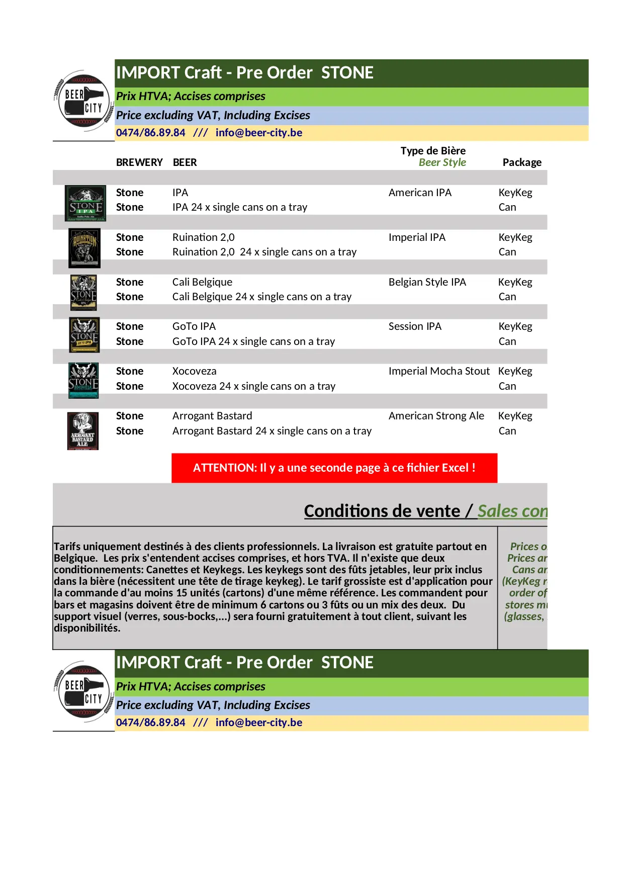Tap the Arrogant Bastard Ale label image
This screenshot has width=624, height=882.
[x=83, y=431]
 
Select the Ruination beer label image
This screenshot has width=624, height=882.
[x=84, y=248]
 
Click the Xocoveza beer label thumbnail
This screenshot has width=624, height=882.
[x=83, y=381]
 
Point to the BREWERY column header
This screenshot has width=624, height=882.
[x=139, y=162]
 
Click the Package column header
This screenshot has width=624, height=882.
[x=522, y=162]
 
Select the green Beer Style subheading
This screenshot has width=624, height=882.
[x=442, y=162]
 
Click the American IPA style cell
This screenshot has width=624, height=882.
[x=420, y=193]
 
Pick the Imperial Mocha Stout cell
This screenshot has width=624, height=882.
[x=438, y=371]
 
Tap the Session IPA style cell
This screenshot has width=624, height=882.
[x=415, y=326]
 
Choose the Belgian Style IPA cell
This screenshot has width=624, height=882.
[x=427, y=282]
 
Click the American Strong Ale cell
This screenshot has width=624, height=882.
[x=436, y=416]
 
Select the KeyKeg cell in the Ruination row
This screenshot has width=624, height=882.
[x=515, y=237]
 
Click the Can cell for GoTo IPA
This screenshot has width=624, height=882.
[x=507, y=341]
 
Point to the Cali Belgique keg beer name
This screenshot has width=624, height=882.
[x=202, y=282]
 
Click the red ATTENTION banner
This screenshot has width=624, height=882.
[x=334, y=468]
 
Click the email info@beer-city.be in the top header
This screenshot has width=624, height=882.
[x=258, y=133]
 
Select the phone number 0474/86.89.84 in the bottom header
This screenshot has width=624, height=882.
[x=150, y=723]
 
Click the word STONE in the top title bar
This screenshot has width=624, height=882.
[x=347, y=73]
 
